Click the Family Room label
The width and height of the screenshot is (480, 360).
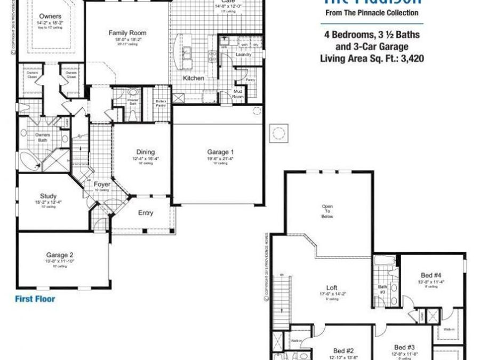[x=127, y=33]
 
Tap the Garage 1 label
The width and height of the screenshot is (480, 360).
[x=220, y=153]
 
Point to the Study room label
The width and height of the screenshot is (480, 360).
[x=48, y=196]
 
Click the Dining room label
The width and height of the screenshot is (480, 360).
[x=146, y=152]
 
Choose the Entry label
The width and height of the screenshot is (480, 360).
[x=146, y=213]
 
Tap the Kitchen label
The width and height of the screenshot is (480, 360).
[x=194, y=78]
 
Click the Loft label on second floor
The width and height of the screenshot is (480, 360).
[x=332, y=288]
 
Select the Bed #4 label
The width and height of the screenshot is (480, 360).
[x=431, y=275]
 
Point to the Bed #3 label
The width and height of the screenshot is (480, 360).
[x=404, y=347]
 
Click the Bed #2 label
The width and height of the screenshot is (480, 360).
[x=343, y=351]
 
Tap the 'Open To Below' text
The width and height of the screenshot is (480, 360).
[x=327, y=211]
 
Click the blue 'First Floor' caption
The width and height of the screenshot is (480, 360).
[x=35, y=299]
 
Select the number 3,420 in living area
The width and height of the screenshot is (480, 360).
[x=412, y=59]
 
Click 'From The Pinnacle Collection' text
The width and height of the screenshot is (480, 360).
[x=372, y=13]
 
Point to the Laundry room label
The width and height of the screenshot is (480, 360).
[x=243, y=55]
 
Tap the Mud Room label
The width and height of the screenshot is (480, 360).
[x=238, y=94]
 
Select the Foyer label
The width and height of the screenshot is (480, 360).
[x=102, y=185]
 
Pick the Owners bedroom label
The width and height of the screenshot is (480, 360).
[x=50, y=17]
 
